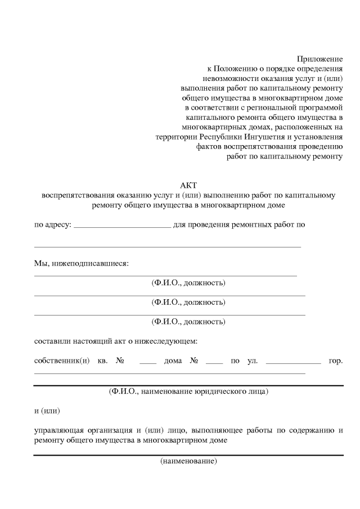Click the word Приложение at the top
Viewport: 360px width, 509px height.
(319, 58)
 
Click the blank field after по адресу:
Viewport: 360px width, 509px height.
(122, 225)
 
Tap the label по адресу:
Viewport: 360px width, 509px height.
(52, 225)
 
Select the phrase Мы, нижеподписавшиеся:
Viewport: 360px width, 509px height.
(82, 263)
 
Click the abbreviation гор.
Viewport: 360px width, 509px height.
(335, 361)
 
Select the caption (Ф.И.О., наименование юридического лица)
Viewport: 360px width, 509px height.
(188, 391)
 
